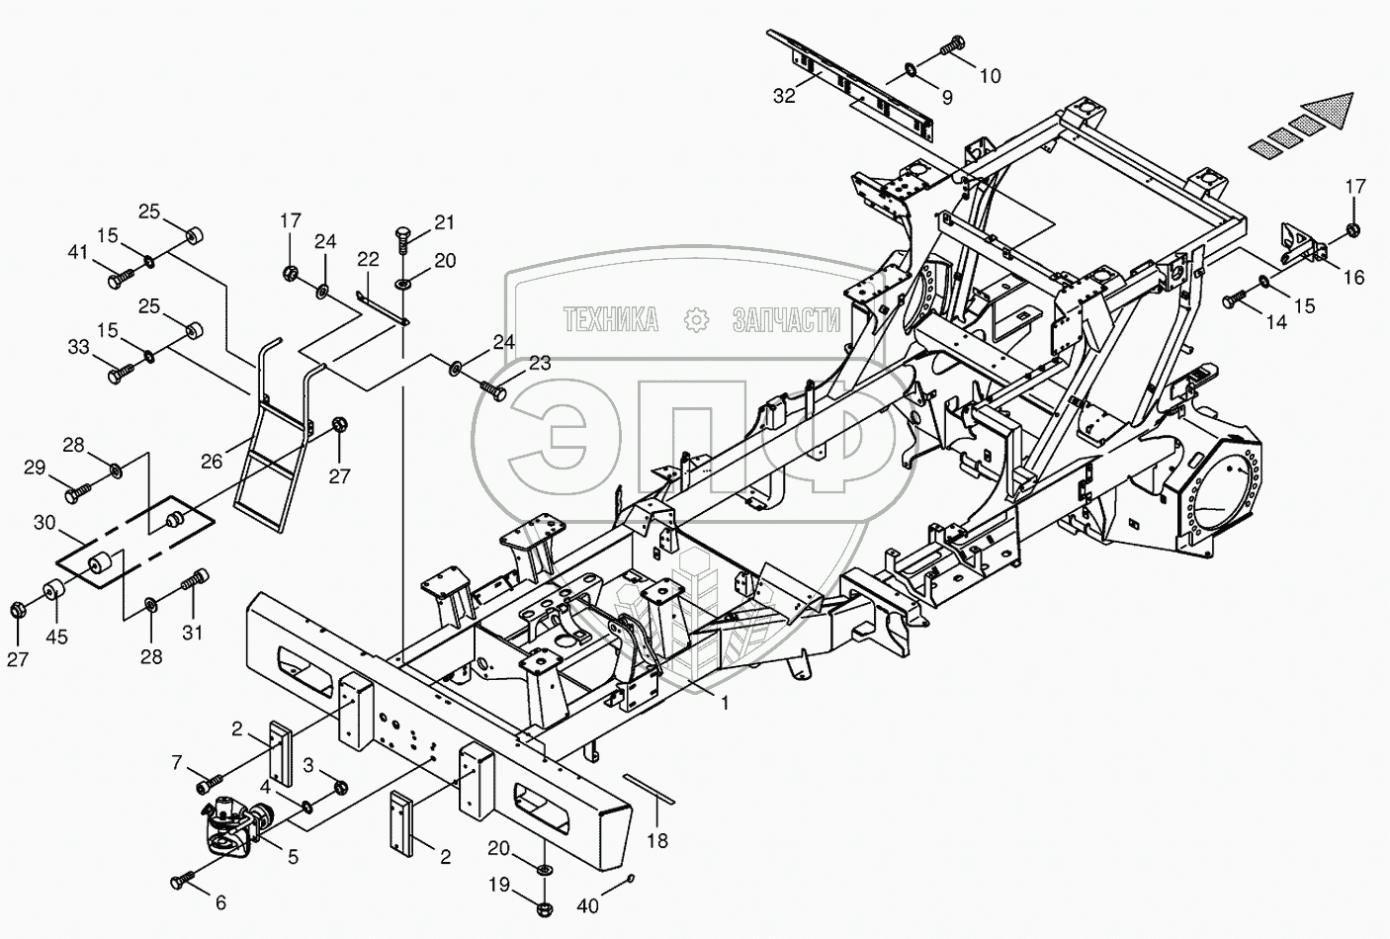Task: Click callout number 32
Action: click(x=784, y=96)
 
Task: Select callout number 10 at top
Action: click(x=990, y=75)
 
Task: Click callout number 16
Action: click(x=1353, y=278)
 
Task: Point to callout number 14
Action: click(x=1276, y=321)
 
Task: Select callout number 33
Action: click(x=106, y=347)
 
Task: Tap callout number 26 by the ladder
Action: click(x=212, y=460)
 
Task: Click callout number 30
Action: click(x=43, y=522)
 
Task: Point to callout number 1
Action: click(x=725, y=703)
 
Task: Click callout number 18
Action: click(x=657, y=840)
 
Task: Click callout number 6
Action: click(x=220, y=901)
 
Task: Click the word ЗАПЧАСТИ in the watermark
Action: click(x=786, y=319)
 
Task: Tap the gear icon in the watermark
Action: click(x=696, y=319)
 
